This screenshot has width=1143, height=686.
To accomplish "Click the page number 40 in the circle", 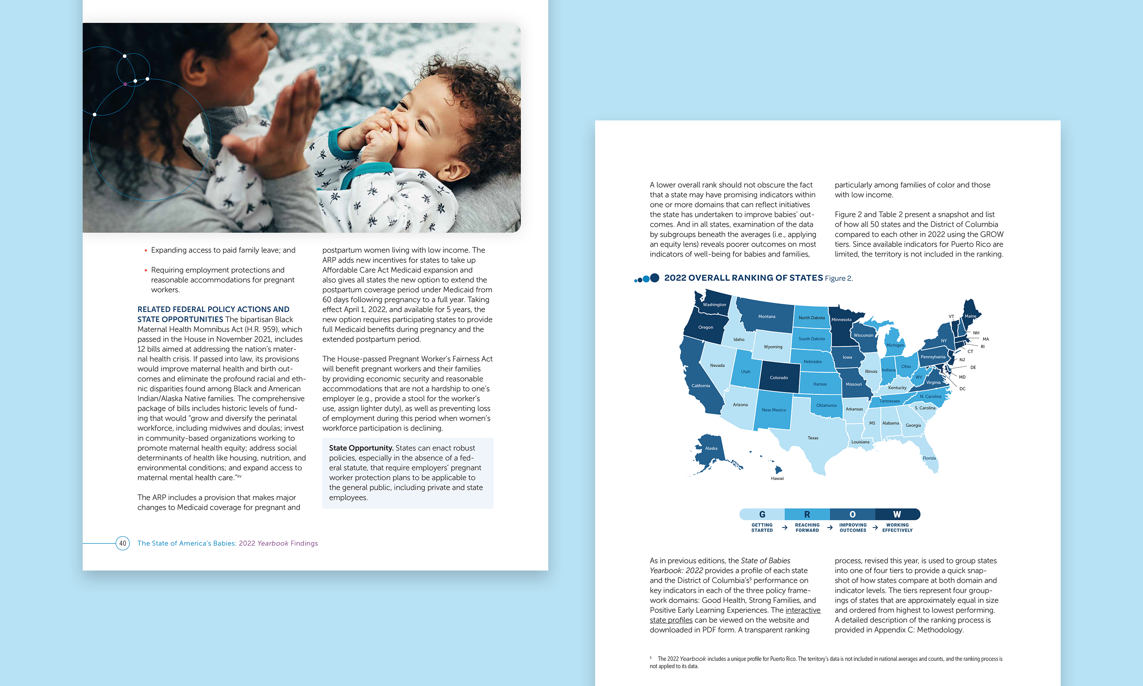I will coord(122,543).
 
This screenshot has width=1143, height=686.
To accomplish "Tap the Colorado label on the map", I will coord(778,378).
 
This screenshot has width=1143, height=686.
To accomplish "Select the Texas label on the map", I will coord(813,438).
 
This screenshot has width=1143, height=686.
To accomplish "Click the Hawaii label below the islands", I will coord(777,478).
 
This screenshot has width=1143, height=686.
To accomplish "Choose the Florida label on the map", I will coord(929,458).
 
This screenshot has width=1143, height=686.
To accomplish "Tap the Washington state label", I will coord(714,305).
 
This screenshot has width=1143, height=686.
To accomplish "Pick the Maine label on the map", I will coord(970,316).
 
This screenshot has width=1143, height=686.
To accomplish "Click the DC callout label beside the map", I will coord(962,389).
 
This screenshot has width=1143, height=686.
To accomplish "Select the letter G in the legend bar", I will coord(762,514).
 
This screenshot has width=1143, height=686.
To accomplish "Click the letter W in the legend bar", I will coord(897,514).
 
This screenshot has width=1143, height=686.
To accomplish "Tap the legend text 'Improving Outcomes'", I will coord(852,527).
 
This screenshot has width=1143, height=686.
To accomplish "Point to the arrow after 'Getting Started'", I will coord(784,527).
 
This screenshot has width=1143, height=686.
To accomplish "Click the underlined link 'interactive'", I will coord(803,610).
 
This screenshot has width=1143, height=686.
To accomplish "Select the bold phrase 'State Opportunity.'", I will coord(361,448).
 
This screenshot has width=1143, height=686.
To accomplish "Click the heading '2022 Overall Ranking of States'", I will coord(743,278).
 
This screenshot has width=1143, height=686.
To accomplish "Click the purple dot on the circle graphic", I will coord(125,84).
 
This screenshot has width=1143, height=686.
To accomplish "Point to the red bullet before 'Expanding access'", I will coord(146,250).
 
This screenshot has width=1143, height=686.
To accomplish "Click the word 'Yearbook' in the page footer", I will coord(272,543).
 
